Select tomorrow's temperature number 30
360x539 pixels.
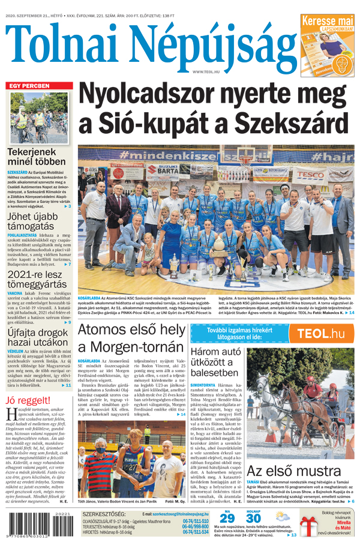click(x=254, y=518)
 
